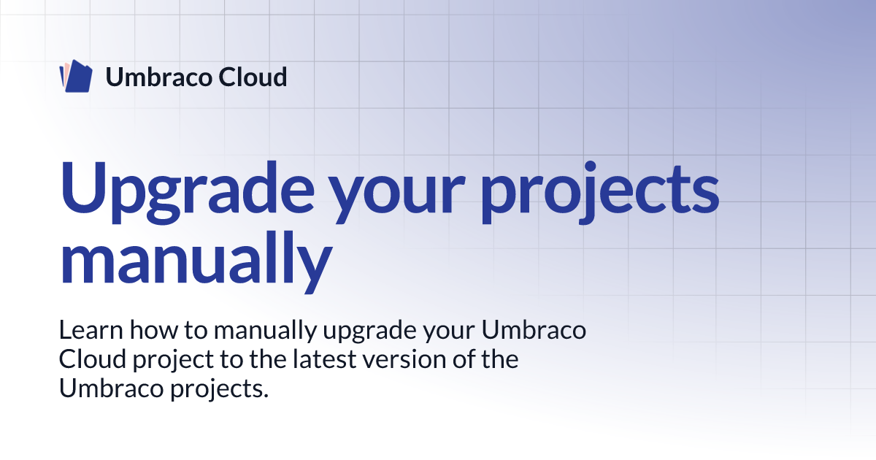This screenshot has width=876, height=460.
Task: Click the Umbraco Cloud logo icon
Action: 76,76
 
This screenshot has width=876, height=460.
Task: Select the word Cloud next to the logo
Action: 253,77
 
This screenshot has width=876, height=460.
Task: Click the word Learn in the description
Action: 91,330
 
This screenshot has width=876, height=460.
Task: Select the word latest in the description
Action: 324,359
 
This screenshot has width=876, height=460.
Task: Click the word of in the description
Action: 464,359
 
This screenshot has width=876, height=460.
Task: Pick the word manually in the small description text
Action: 265,331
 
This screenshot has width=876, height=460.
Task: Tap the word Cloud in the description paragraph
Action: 93,359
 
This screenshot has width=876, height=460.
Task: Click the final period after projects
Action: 266,396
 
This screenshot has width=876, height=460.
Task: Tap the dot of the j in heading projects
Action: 590,166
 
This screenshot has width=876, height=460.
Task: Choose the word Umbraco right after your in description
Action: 534,330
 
